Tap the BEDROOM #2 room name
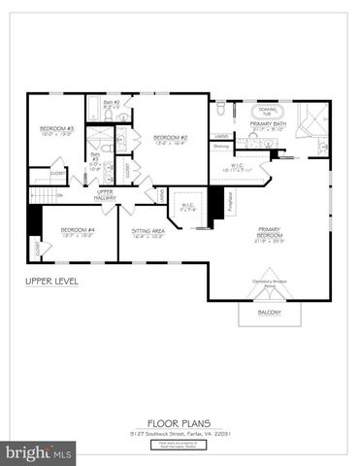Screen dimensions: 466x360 [172, 138]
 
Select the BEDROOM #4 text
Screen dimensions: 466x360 [77, 229]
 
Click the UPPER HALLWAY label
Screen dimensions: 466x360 [106, 194]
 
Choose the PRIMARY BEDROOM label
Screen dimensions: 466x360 [269, 235]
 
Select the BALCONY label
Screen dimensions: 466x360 [269, 312]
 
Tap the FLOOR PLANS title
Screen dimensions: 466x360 [179, 422]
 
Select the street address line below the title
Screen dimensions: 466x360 [179, 433]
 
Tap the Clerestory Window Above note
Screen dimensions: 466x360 [269, 283]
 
